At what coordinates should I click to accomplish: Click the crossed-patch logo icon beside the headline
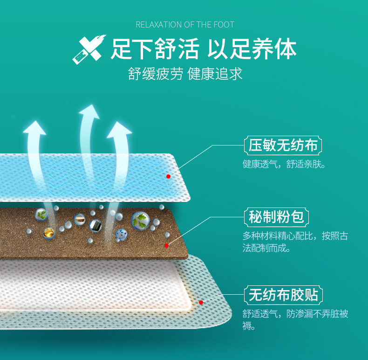click(x=89, y=49)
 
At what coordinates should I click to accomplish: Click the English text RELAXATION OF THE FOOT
click(x=185, y=24)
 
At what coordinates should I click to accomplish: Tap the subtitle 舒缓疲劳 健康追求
click(x=185, y=74)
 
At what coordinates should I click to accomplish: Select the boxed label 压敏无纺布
click(x=283, y=145)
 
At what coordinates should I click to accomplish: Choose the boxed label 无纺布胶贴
click(x=283, y=295)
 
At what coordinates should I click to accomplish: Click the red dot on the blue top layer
click(x=168, y=176)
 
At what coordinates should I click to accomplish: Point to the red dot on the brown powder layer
click(x=166, y=244)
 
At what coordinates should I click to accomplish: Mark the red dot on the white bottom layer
click(x=201, y=302)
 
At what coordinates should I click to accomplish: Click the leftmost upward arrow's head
click(x=34, y=127)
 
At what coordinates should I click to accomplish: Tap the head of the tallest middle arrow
click(x=89, y=112)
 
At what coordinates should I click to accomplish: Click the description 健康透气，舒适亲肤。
click(x=284, y=164)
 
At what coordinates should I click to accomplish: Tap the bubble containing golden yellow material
click(x=49, y=233)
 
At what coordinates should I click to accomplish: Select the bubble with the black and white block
click(x=95, y=226)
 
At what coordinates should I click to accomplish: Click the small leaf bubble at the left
click(x=41, y=215)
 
